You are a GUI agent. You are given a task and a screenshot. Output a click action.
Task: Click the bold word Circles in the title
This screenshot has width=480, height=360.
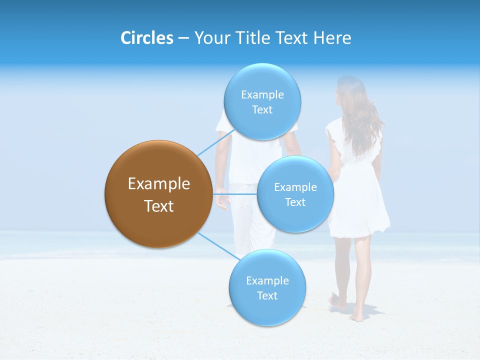pyautogui.click(x=147, y=38)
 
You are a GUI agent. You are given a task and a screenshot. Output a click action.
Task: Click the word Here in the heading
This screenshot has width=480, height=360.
pyautogui.click(x=332, y=38)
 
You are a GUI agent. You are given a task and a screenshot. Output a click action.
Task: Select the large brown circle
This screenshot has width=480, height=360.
pyautogui.click(x=158, y=194)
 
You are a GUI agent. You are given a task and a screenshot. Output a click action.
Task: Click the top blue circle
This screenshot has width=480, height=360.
pyautogui.click(x=262, y=101)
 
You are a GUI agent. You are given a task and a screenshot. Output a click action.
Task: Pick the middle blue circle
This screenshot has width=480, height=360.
pyautogui.click(x=295, y=194)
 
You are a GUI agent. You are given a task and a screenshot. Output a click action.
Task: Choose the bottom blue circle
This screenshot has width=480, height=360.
pyautogui.click(x=267, y=288)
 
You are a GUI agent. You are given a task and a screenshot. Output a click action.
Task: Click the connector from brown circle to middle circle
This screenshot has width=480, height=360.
pyautogui.click(x=234, y=193)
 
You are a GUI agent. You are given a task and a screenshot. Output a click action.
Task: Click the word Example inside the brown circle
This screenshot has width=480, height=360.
pyautogui.click(x=158, y=183)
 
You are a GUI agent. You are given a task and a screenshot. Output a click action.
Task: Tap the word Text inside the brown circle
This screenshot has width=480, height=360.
pyautogui.click(x=158, y=206)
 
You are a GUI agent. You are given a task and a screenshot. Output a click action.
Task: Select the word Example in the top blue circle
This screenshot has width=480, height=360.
pyautogui.click(x=262, y=94)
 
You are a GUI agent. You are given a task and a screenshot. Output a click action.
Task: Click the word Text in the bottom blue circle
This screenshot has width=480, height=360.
pyautogui.click(x=267, y=295)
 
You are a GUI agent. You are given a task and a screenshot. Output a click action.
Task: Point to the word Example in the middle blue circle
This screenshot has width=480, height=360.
pyautogui.click(x=295, y=187)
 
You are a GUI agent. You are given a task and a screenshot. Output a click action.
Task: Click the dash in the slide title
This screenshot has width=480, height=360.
pyautogui.click(x=183, y=38)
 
